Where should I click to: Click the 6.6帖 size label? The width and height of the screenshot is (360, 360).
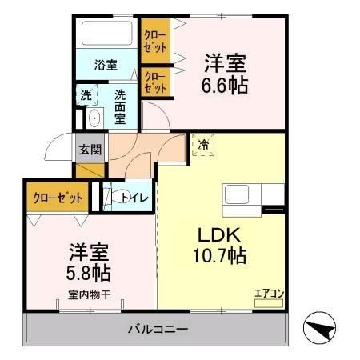coord(224,84)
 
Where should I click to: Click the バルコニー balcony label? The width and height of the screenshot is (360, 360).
coord(158,329)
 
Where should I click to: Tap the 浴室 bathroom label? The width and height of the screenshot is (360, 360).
coord(104,64)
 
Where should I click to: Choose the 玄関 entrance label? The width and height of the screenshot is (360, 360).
coord(90,148)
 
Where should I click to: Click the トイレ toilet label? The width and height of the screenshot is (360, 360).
coord(132,198)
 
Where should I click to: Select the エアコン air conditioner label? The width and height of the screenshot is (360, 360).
coord(268,293)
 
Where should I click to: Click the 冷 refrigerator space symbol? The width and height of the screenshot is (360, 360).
coord(203,146)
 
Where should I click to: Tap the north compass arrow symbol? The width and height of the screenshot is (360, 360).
coord(323,329)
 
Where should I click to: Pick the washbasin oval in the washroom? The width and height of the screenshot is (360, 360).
coord(93,119)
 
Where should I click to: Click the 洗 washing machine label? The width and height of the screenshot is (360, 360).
coord(86,94)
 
